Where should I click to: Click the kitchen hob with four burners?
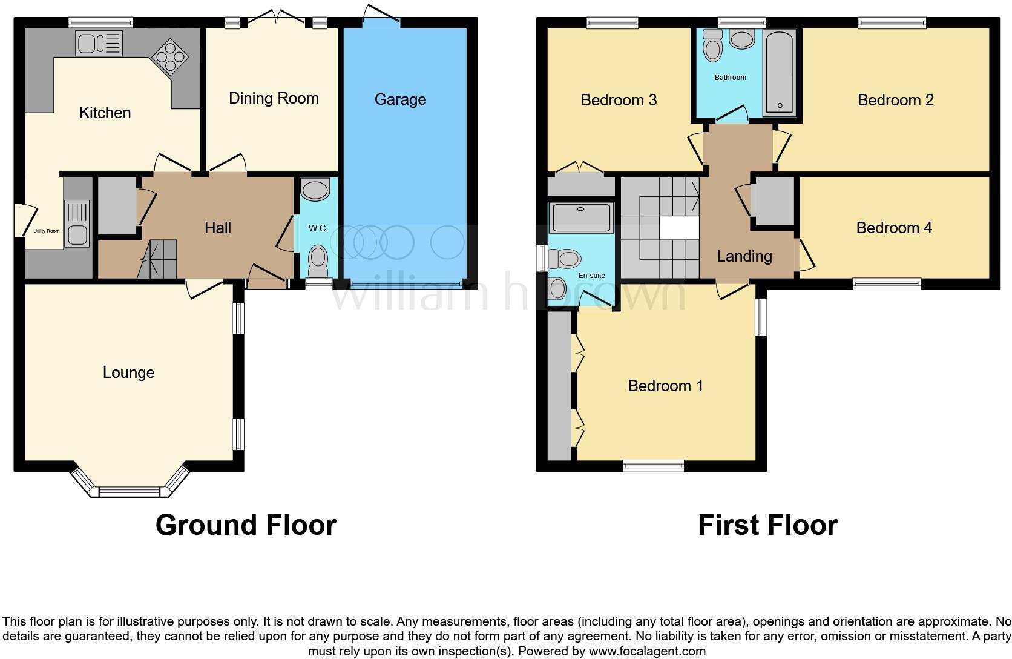tap(170, 56)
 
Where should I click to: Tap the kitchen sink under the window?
tap(99, 44)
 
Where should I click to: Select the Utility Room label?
tap(47, 231)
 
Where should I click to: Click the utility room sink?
tap(77, 224)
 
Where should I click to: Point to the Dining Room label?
tap(274, 98)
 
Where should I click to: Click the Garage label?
tap(400, 99)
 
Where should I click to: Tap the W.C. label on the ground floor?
tap(318, 228)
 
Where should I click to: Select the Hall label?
tap(218, 228)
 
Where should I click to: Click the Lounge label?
tap(129, 373)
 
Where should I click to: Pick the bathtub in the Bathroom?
tap(780, 73)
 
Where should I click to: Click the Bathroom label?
tap(731, 78)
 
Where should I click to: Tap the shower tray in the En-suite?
tap(581, 218)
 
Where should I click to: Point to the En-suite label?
tap(592, 275)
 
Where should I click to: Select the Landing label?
tap(744, 257)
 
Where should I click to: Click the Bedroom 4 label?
tap(894, 228)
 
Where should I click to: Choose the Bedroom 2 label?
tap(896, 100)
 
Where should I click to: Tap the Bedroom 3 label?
tap(619, 100)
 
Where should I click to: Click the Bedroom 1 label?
tap(665, 386)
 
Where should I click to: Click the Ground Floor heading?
tap(246, 525)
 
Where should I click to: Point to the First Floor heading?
tap(768, 525)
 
